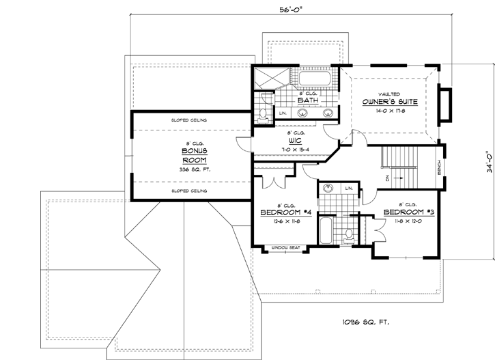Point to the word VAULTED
389,92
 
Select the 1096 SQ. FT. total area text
365,321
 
